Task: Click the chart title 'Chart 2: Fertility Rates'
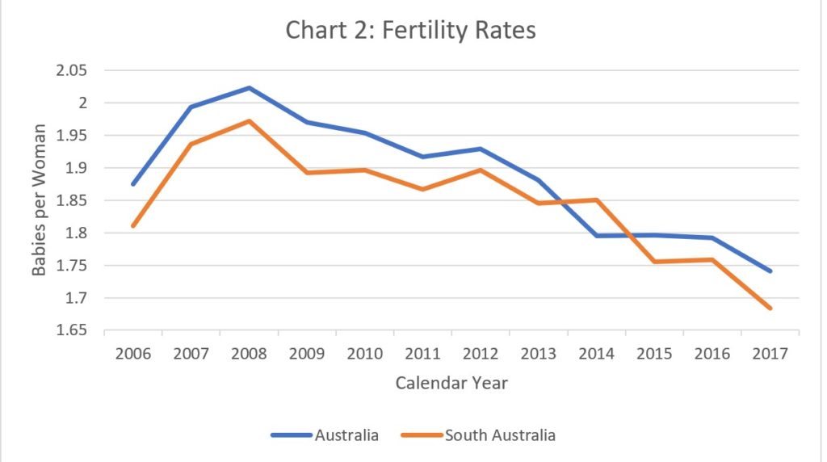click(x=411, y=31)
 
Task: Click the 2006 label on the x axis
click(x=133, y=355)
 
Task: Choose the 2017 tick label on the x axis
click(x=770, y=355)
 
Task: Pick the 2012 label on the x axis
click(x=481, y=355)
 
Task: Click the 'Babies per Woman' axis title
click(x=39, y=200)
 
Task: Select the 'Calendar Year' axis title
click(x=451, y=383)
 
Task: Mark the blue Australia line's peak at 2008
click(x=250, y=87)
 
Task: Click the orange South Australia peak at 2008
click(x=250, y=121)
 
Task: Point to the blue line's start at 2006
click(x=133, y=184)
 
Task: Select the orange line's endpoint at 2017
click(x=770, y=309)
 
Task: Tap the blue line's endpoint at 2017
click(x=770, y=271)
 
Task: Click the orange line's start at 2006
click(x=133, y=225)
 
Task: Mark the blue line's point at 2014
click(x=597, y=236)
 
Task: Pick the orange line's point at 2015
click(x=654, y=262)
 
